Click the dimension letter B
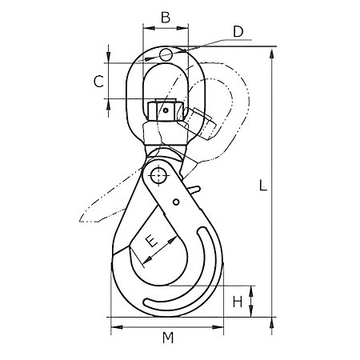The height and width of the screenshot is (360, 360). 166,18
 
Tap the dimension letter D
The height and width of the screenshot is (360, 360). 238,31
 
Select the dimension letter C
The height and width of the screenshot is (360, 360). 98,82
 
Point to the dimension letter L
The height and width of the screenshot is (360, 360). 263,186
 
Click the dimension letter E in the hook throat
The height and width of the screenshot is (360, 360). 152,241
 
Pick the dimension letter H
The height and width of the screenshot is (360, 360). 238,302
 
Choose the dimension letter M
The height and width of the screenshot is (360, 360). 168,338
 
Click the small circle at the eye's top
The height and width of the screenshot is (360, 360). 166,54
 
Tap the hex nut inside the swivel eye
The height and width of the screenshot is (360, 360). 166,110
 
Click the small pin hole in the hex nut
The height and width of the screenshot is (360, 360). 166,110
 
